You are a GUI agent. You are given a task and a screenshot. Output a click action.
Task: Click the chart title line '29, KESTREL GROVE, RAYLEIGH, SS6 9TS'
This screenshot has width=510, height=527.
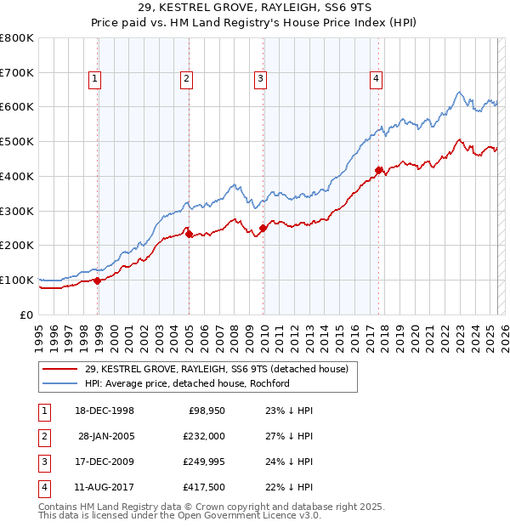pyautogui.click(x=255, y=8)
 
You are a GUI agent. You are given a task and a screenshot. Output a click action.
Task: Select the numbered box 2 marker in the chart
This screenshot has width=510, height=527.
pyautogui.click(x=186, y=80)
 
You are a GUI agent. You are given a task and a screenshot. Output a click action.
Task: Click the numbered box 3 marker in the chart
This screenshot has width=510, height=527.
pyautogui.click(x=260, y=80)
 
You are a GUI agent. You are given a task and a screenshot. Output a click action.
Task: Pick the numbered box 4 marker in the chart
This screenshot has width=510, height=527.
pyautogui.click(x=375, y=80)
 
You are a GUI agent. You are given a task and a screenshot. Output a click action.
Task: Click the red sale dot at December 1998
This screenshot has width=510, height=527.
pyautogui.click(x=98, y=280)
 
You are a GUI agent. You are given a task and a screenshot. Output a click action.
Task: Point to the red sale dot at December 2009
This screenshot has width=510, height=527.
pyautogui.click(x=263, y=227)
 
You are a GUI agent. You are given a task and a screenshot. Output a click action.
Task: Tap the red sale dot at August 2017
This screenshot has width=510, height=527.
pyautogui.click(x=378, y=169)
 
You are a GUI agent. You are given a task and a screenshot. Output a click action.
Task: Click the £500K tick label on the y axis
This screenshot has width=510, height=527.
pyautogui.click(x=17, y=142)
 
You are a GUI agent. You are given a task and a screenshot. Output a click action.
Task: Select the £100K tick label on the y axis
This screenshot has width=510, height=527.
pyautogui.click(x=17, y=280)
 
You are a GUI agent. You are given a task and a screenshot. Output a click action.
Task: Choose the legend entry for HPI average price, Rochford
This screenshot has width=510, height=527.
pyautogui.click(x=187, y=383)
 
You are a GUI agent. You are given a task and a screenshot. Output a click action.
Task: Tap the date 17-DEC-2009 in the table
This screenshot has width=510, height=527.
pyautogui.click(x=105, y=462)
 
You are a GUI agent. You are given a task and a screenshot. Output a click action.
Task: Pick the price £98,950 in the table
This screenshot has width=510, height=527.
pyautogui.click(x=205, y=411)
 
